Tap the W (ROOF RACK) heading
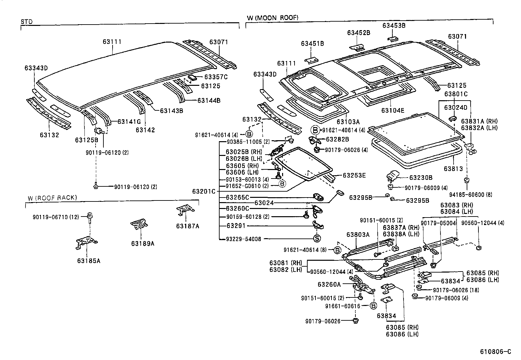pyautogui.click(x=52, y=198)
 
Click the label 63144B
pyautogui.click(x=209, y=100)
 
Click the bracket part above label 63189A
pyautogui.click(x=139, y=223)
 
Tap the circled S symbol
pyautogui.click(x=316, y=238)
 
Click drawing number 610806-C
pyautogui.click(x=495, y=352)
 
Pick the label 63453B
pyautogui.click(x=394, y=25)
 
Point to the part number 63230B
pyautogui.click(x=421, y=178)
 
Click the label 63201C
pyautogui.click(x=204, y=191)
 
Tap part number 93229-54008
pyautogui.click(x=244, y=239)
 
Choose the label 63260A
pyautogui.click(x=329, y=284)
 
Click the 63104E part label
pyautogui.click(x=393, y=110)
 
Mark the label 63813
pyautogui.click(x=453, y=169)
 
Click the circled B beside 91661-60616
pyautogui.click(x=373, y=306)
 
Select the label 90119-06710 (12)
pyautogui.click(x=56, y=217)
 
